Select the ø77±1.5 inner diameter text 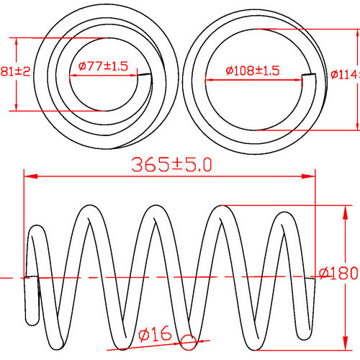[102, 66]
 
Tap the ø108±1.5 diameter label [252, 71]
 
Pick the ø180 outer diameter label [338, 274]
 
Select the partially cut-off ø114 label [345, 73]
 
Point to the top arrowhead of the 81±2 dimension [15, 41]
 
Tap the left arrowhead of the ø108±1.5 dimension [209, 78]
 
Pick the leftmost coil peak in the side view [89, 210]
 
